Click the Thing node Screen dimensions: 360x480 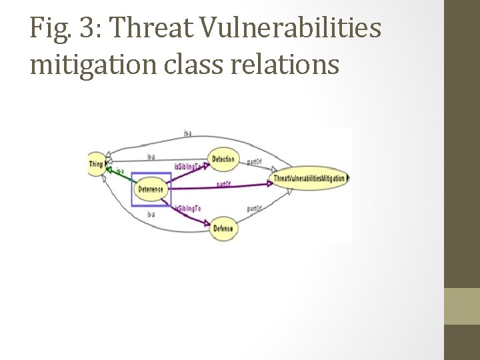tap(97, 164)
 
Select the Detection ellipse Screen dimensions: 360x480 tap(223, 159)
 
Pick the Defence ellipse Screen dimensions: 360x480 tap(223, 229)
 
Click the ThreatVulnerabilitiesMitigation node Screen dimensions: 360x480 tap(309, 179)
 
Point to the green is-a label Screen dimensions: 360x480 tap(120, 171)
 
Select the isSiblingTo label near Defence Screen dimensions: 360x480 tap(187, 209)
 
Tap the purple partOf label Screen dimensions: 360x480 tap(223, 184)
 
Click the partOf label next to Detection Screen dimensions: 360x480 tap(254, 161)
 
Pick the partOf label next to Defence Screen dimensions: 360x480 tap(254, 209)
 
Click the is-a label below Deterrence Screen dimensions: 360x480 tap(151, 214)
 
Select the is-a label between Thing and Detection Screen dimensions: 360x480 tap(151, 157)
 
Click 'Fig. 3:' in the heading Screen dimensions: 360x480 tap(62, 29)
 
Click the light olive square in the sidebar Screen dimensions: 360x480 tap(461, 306)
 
